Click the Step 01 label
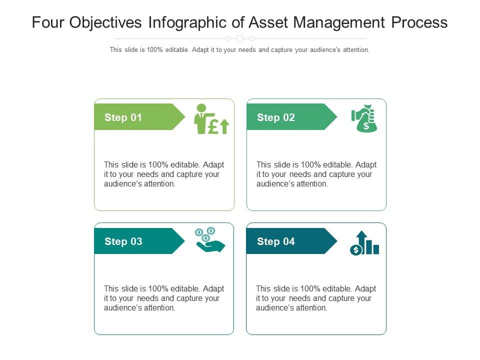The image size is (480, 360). pyautogui.click(x=123, y=117)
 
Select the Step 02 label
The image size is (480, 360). pyautogui.click(x=275, y=117)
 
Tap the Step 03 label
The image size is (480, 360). pyautogui.click(x=123, y=241)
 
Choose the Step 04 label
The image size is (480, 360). pyautogui.click(x=275, y=241)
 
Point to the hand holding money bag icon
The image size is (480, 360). pyautogui.click(x=364, y=118)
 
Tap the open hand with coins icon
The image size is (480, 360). pyautogui.click(x=210, y=240)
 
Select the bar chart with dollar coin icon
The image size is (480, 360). pyautogui.click(x=364, y=243)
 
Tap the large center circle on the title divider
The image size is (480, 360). pyautogui.click(x=240, y=38)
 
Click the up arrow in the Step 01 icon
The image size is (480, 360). pyautogui.click(x=224, y=126)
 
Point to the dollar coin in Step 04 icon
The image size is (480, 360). pyautogui.click(x=355, y=250)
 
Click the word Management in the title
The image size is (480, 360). pyautogui.click(x=340, y=22)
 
